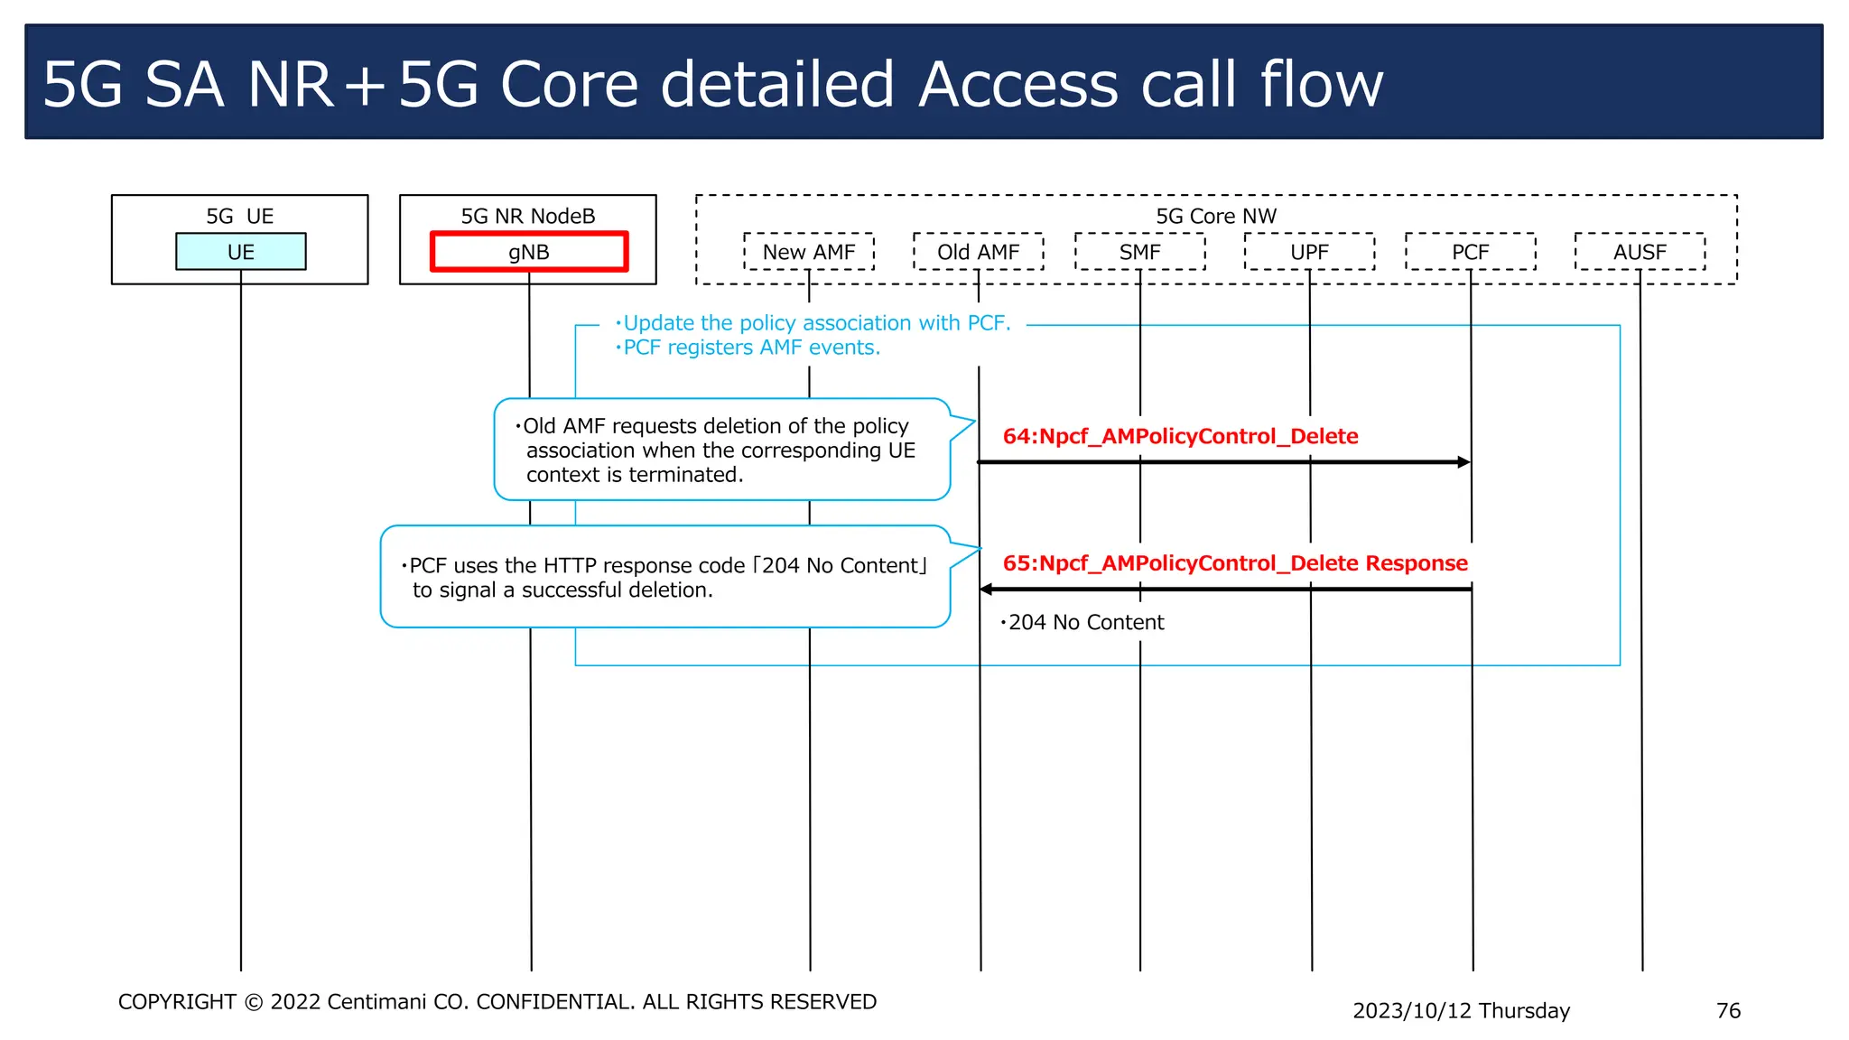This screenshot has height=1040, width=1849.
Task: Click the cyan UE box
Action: tap(240, 252)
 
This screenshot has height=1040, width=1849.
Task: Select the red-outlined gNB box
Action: tap(529, 252)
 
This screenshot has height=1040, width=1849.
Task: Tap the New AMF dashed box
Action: tap(809, 252)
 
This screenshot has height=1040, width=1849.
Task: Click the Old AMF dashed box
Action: tap(978, 252)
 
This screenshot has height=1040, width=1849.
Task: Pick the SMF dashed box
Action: tap(1139, 252)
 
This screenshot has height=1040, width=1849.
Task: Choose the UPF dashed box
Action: tap(1309, 252)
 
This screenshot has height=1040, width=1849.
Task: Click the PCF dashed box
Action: tap(1470, 252)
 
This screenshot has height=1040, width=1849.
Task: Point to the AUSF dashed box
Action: tap(1640, 252)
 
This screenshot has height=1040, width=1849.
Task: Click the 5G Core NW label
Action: tap(1216, 217)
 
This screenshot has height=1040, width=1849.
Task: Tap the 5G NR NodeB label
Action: tap(528, 217)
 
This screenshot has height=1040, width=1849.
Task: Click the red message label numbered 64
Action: tap(1180, 437)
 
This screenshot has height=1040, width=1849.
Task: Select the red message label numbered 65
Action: tap(1235, 563)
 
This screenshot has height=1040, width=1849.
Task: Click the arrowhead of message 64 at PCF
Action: tap(1463, 462)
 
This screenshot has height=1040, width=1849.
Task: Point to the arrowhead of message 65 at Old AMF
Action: tap(987, 590)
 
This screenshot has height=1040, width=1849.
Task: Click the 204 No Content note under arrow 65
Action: tap(1084, 623)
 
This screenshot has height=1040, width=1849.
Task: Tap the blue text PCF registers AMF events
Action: tap(750, 348)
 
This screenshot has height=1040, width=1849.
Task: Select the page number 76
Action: tap(1728, 1011)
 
